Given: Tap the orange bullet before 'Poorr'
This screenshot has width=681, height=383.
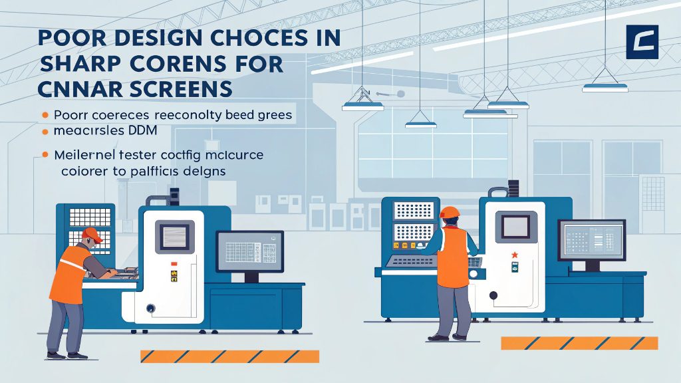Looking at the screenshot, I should [x=45, y=115].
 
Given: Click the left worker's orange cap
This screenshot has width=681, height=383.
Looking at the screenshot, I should [x=92, y=234].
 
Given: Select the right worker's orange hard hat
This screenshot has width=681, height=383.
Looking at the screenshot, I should [x=450, y=212].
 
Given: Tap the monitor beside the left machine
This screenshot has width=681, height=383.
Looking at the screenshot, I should [x=250, y=251].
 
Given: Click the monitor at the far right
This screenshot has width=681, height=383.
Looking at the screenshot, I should [x=591, y=241].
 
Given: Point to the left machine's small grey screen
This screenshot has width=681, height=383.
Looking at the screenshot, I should [x=175, y=237].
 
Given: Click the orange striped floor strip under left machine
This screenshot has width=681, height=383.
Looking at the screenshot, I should [x=229, y=356].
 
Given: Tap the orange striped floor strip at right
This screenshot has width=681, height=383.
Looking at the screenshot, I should [x=579, y=343].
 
